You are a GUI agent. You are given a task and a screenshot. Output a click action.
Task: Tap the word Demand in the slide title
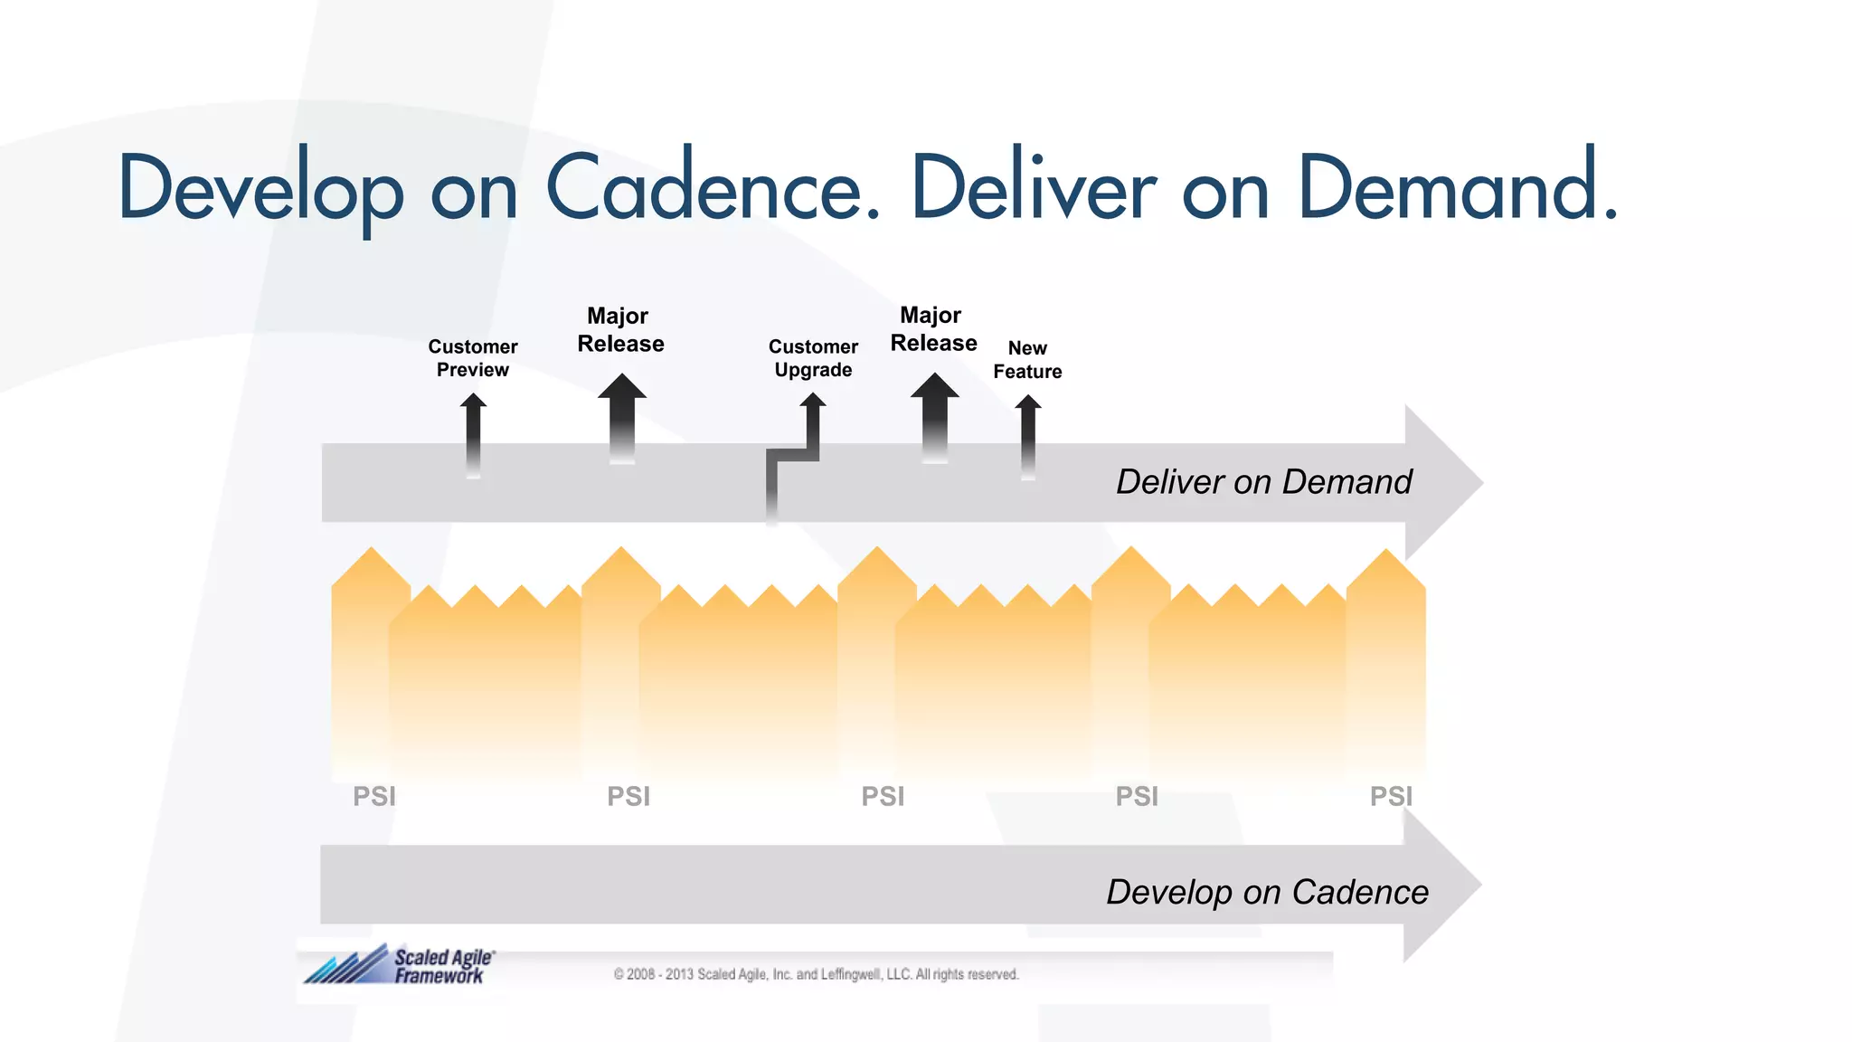coord(1456,188)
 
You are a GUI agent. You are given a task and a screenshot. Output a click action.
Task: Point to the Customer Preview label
coord(473,358)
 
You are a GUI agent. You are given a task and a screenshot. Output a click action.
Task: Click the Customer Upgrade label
coord(813,358)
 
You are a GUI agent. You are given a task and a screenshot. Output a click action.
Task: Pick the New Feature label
coord(1027,360)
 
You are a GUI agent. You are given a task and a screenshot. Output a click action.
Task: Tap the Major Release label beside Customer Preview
coord(620,330)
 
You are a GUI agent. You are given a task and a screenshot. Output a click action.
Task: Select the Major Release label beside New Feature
coord(933,329)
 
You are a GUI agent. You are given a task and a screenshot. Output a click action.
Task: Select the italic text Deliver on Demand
coord(1263,482)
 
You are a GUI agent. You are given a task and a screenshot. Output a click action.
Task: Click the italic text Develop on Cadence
coord(1267,893)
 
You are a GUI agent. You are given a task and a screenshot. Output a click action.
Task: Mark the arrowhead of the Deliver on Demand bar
coord(1442,483)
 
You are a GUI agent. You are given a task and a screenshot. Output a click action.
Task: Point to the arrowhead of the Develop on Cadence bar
coord(1441,885)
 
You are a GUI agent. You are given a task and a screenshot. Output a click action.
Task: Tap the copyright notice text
coord(816,974)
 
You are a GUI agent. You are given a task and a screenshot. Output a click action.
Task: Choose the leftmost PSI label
coord(374,797)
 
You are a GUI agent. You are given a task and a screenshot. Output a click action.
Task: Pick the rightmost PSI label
coord(1391,797)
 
